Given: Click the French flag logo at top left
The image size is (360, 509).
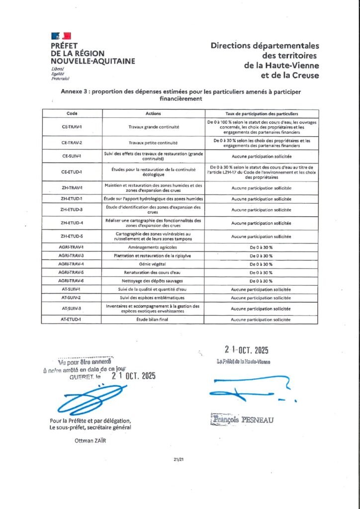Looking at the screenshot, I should click(61, 36).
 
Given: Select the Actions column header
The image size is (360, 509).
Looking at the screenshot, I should click(154, 113).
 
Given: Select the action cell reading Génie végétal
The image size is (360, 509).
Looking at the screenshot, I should click(154, 264).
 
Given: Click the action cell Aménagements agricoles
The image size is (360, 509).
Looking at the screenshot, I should click(154, 247).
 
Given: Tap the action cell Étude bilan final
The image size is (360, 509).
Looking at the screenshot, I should click(154, 320).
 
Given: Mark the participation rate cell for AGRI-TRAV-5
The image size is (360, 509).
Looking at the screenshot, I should click(261, 272).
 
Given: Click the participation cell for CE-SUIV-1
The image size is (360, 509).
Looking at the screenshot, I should click(261, 156).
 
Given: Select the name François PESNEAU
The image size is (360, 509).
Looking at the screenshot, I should click(242, 420).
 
